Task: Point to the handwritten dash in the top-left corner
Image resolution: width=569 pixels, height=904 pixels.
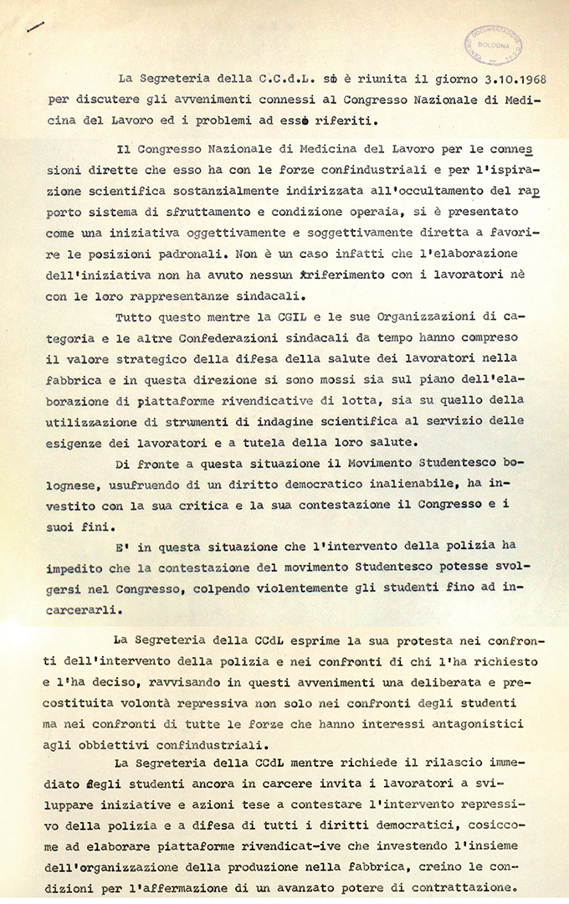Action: (x=35, y=27)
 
